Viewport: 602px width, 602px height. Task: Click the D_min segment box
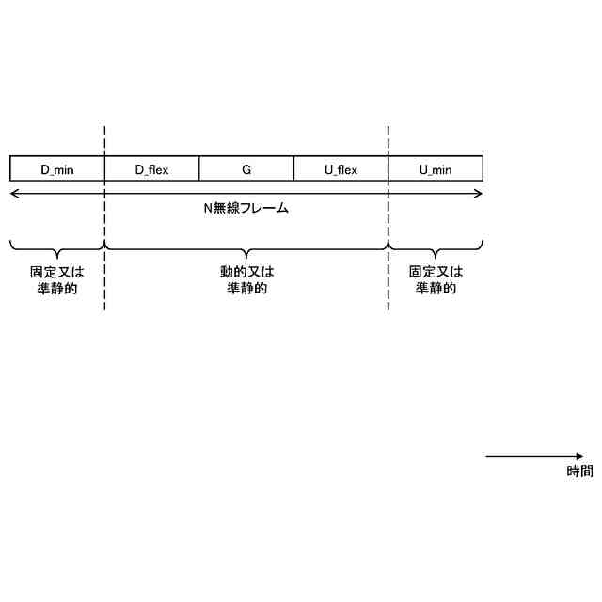click(57, 169)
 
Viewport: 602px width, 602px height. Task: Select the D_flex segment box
click(152, 169)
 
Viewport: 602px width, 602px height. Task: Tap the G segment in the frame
click(246, 169)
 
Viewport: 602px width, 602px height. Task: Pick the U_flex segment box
click(341, 169)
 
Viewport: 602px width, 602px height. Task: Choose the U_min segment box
click(436, 169)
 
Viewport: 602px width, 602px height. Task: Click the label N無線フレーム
click(246, 208)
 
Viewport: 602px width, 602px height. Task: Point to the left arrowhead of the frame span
click(13, 194)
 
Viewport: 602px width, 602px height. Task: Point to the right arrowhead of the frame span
click(479, 194)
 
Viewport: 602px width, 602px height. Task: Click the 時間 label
click(579, 471)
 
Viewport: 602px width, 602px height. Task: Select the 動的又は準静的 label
click(246, 279)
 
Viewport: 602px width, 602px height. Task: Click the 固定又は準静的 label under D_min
click(56, 279)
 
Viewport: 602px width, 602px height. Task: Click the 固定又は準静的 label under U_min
click(436, 279)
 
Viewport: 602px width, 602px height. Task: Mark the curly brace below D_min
click(56, 250)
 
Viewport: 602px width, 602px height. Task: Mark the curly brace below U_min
click(436, 250)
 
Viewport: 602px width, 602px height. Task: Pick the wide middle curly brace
click(246, 250)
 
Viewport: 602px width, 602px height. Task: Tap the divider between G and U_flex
click(293, 169)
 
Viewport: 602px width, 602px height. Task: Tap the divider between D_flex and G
click(199, 169)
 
